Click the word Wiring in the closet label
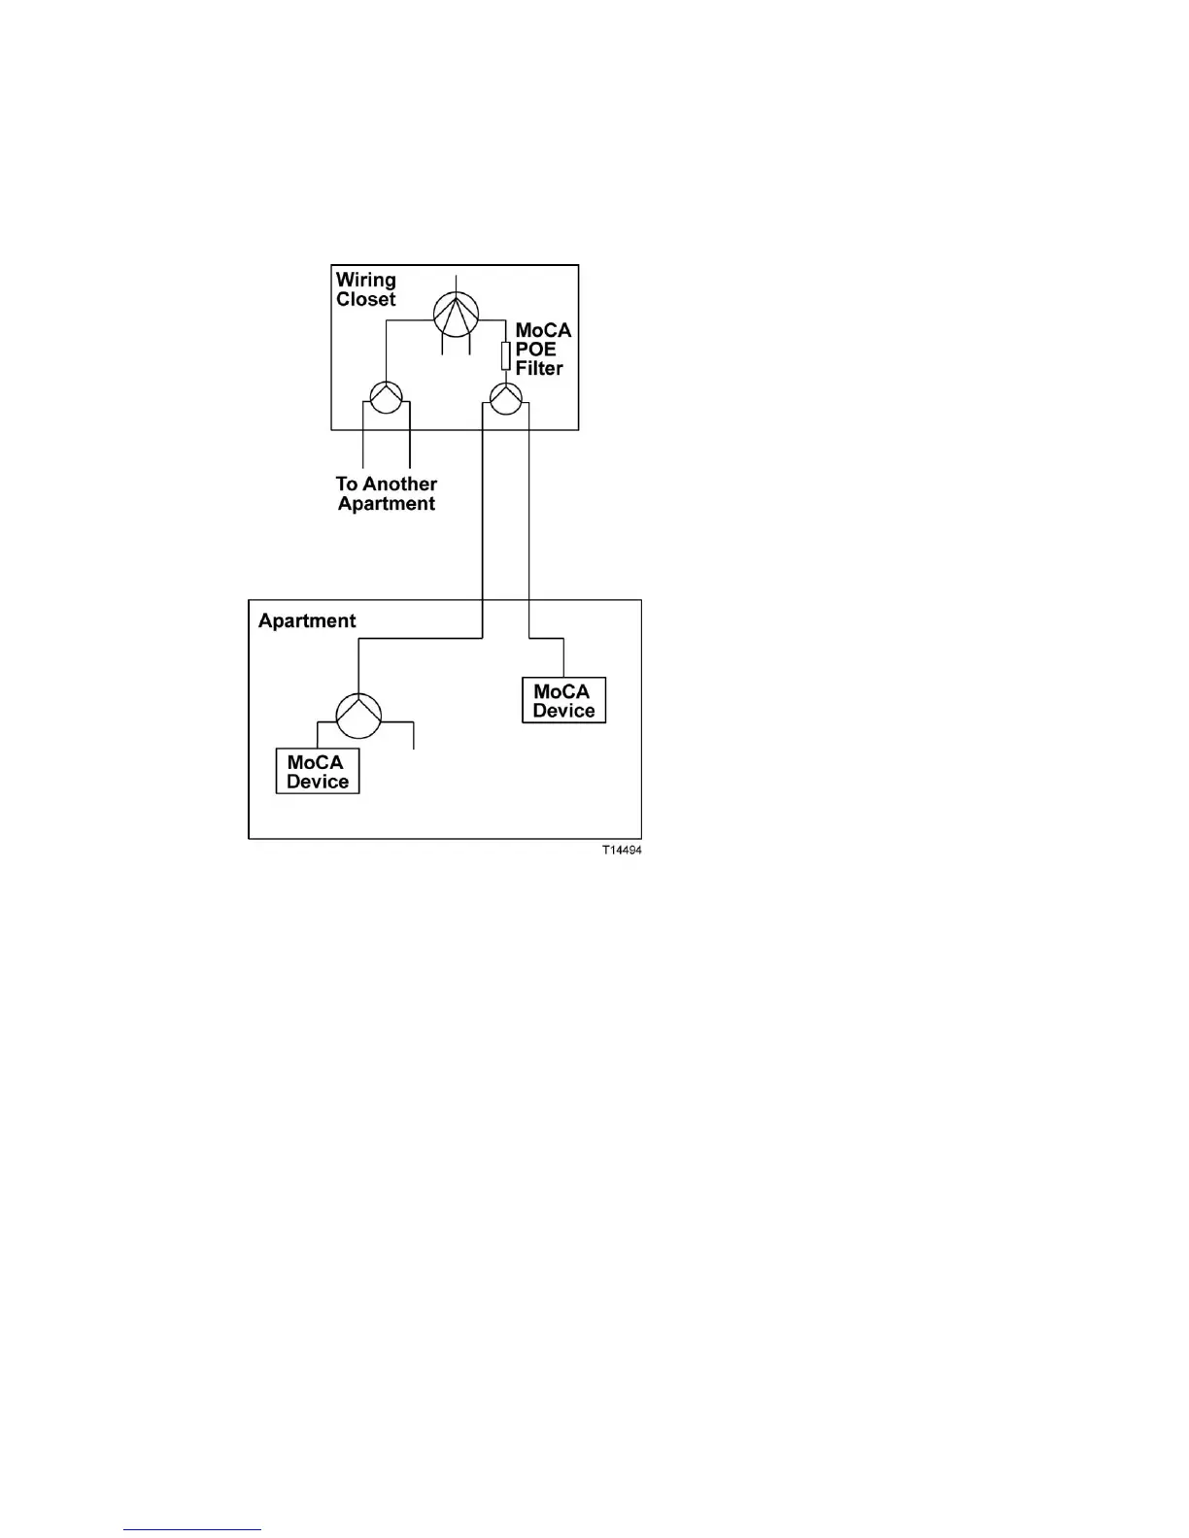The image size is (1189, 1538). [366, 281]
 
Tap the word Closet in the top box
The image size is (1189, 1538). [366, 300]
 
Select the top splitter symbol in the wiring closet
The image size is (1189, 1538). [456, 311]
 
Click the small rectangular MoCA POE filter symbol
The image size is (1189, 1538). [505, 355]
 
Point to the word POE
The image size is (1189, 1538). [536, 350]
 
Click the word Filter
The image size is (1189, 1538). [539, 369]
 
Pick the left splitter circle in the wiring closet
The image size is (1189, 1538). [386, 397]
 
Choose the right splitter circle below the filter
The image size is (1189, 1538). [505, 397]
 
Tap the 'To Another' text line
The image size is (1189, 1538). [387, 484]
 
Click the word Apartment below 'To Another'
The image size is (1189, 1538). [387, 504]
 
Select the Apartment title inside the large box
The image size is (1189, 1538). [307, 621]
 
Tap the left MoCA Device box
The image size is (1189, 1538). [318, 772]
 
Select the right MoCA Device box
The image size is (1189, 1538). [563, 701]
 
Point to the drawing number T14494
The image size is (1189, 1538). [622, 851]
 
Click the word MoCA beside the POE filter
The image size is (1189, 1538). [543, 331]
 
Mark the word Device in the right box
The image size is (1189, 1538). [563, 711]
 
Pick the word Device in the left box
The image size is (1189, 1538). [318, 782]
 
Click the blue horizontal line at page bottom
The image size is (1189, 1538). [192, 1529]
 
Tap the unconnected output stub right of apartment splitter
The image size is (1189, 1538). [414, 736]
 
